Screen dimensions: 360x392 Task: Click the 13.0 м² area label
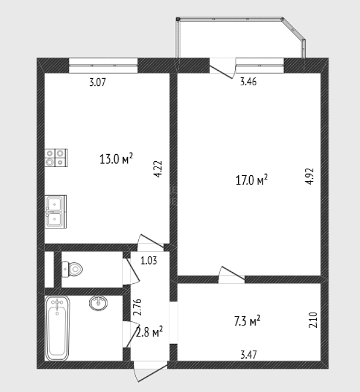click(116, 158)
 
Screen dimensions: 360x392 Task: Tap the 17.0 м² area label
click(251, 180)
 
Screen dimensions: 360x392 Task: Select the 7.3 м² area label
click(247, 321)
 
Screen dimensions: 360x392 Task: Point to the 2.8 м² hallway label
click(149, 332)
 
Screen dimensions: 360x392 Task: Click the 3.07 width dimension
click(97, 82)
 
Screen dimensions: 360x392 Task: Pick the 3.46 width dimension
click(248, 82)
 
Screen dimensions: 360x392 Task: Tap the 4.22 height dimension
click(158, 169)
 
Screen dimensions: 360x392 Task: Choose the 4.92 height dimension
click(309, 176)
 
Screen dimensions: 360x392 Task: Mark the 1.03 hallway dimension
click(149, 261)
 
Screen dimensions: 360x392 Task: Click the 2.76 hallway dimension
click(138, 307)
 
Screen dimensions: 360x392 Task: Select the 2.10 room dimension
click(313, 320)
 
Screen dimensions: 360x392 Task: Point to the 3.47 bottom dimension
click(249, 355)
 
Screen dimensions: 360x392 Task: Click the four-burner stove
click(56, 158)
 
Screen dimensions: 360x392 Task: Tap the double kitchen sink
click(55, 211)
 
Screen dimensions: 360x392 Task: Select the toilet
click(72, 269)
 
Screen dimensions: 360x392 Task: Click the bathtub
click(57, 328)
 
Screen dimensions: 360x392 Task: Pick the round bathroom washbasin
click(99, 303)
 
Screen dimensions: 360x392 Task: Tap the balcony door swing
click(222, 69)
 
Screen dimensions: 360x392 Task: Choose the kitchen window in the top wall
click(103, 65)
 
